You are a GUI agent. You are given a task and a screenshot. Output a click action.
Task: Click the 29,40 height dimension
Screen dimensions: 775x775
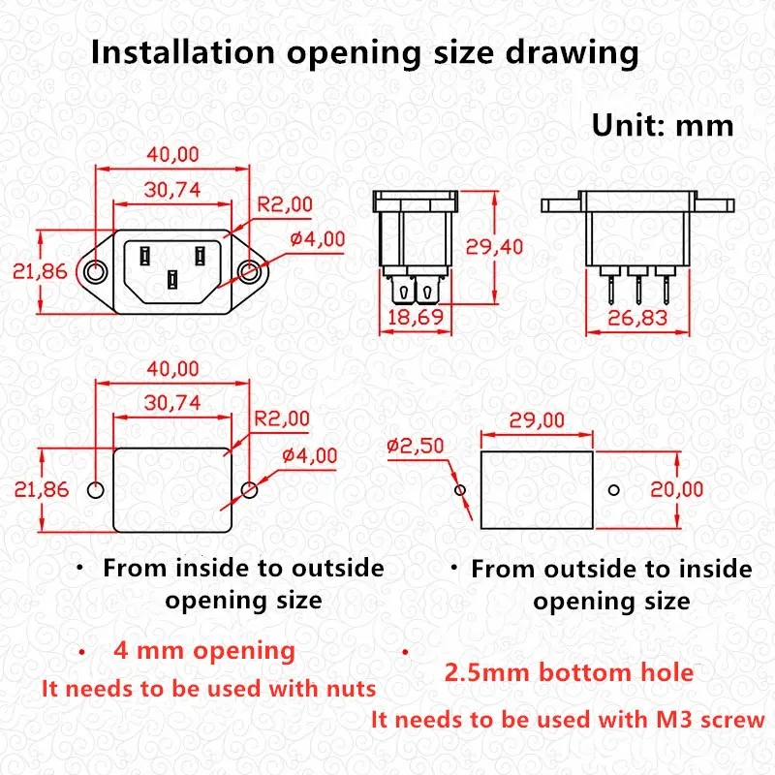click(494, 247)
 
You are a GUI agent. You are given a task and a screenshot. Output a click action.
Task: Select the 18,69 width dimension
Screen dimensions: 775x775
click(416, 318)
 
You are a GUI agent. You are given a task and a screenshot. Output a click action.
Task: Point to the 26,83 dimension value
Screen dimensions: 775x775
click(637, 318)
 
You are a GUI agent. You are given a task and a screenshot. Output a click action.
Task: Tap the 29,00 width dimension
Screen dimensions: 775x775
click(537, 420)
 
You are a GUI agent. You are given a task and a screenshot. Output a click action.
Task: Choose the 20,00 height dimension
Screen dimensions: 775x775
click(676, 489)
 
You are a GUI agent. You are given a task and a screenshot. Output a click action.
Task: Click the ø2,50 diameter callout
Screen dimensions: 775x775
click(416, 446)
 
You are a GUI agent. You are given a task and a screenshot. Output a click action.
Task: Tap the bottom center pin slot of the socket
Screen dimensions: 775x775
click(172, 280)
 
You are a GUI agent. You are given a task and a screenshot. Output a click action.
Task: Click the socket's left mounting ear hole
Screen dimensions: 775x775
click(95, 272)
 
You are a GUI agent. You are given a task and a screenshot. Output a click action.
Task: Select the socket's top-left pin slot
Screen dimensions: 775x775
click(144, 256)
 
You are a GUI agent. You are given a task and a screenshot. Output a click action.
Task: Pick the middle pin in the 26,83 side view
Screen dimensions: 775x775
click(638, 289)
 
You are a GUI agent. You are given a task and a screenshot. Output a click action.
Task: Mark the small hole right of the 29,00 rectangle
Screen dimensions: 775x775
click(614, 490)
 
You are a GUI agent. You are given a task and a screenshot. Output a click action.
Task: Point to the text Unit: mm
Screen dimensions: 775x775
click(663, 126)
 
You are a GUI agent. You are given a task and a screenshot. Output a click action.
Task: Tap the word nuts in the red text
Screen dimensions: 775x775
click(351, 689)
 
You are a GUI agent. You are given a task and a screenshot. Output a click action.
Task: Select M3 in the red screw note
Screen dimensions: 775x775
click(674, 719)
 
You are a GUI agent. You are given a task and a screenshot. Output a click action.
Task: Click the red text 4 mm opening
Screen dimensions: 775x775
click(204, 651)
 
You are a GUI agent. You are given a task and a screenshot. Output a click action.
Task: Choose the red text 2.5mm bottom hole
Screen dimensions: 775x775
click(569, 672)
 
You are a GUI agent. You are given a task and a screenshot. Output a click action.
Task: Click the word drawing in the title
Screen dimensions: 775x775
click(572, 53)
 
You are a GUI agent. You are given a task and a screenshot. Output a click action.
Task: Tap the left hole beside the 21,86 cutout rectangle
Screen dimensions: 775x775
click(95, 490)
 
